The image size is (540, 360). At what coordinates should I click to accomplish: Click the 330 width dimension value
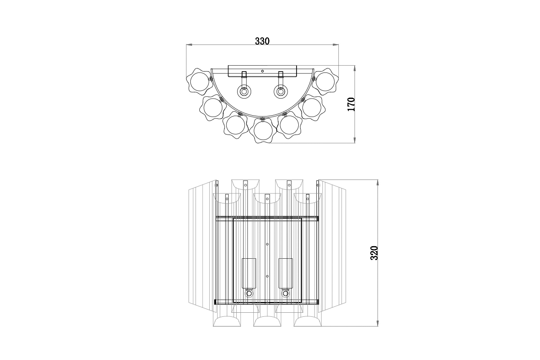tap(262, 41)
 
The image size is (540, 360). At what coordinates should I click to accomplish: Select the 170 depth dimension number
tap(351, 104)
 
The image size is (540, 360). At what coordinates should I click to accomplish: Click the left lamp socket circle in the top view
tap(244, 92)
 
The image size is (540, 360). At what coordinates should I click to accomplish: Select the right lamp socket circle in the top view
tap(281, 92)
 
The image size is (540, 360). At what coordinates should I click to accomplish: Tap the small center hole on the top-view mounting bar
tap(262, 71)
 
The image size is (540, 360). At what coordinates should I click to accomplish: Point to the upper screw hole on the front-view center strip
tap(267, 244)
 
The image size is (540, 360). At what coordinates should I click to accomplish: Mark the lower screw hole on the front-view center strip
tap(267, 276)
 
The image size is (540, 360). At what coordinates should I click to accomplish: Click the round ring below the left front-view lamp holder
tap(248, 293)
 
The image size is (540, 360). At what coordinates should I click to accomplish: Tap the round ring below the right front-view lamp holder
tap(285, 293)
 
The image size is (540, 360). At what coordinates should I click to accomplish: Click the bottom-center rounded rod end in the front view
tap(267, 323)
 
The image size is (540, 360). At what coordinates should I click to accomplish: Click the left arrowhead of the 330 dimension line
tap(189, 45)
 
